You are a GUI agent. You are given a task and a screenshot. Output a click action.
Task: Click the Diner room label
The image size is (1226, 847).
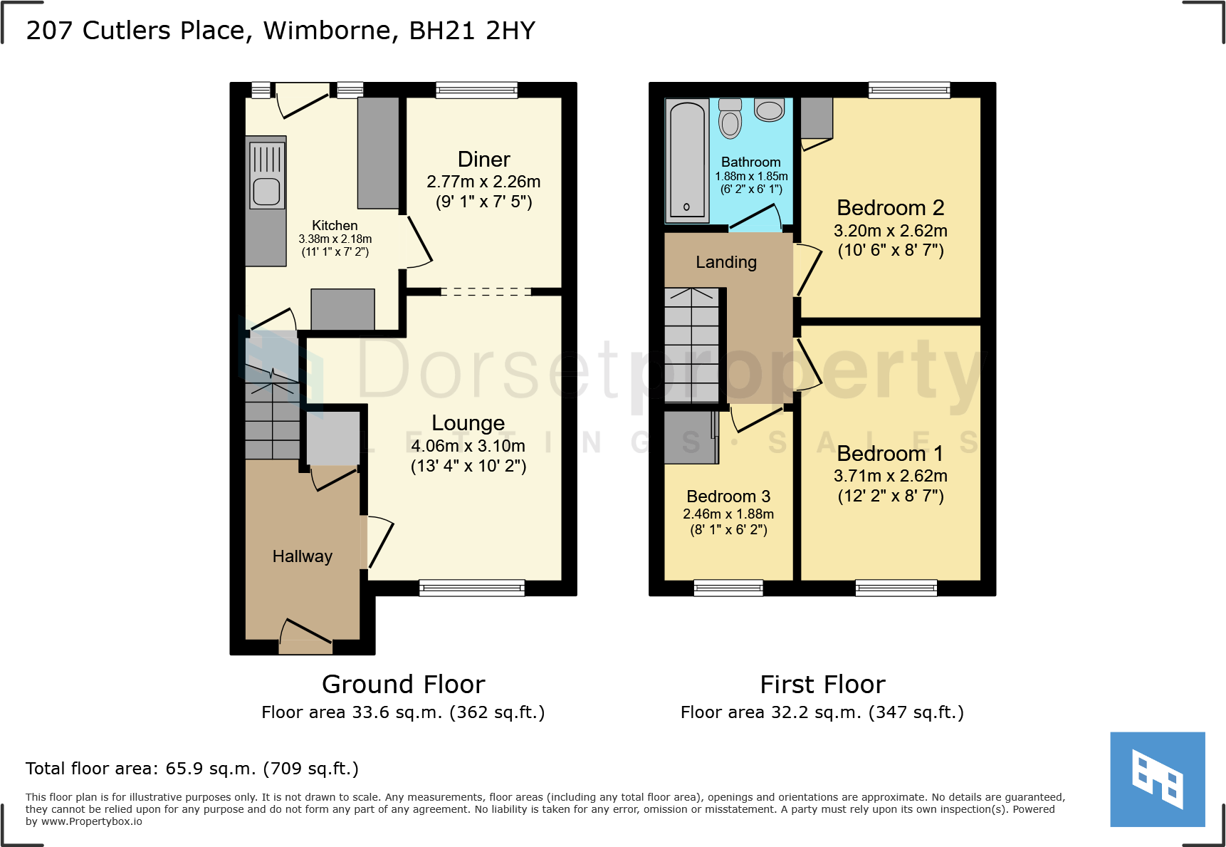tap(483, 160)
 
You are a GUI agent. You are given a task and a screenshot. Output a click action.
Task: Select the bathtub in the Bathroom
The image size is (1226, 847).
tap(686, 161)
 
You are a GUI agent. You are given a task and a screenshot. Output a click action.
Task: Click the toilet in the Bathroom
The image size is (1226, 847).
tap(730, 120)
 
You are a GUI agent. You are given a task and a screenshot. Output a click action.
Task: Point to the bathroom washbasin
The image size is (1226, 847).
tap(769, 110)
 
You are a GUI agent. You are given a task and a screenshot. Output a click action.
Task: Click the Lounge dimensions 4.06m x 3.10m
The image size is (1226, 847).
tap(468, 446)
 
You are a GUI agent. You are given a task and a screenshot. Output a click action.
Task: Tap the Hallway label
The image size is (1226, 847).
tap(302, 556)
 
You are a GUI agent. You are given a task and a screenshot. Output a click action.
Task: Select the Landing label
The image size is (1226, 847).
tap(725, 262)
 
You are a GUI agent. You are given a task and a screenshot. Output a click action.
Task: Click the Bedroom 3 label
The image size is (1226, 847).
tap(728, 497)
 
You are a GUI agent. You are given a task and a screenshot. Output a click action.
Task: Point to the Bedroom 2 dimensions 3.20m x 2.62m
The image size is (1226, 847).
tap(890, 231)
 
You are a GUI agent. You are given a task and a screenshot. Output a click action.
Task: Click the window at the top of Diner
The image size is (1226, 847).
tap(476, 90)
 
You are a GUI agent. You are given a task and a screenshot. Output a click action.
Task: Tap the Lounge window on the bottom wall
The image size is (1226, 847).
tap(472, 588)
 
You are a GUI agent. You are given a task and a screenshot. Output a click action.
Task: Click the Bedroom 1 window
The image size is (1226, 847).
tap(896, 588)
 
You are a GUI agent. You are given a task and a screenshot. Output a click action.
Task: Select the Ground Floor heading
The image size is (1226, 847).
tap(403, 685)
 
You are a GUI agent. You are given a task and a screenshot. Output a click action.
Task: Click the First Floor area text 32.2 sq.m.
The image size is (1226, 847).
tap(822, 712)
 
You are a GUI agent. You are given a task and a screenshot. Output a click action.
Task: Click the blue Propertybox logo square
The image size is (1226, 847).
tap(1157, 779)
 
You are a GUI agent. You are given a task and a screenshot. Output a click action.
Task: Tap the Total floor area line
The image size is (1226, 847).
tap(192, 769)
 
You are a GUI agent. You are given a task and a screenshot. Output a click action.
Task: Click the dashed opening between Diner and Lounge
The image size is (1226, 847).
tap(486, 291)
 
